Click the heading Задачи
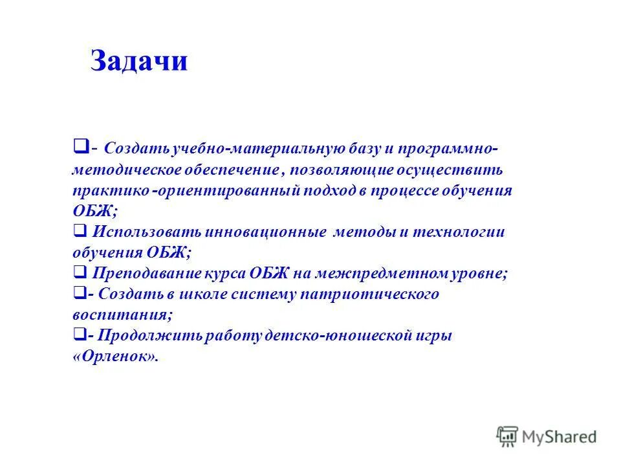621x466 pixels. (x=139, y=61)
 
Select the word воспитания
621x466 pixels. (x=122, y=315)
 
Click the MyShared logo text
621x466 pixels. (x=560, y=436)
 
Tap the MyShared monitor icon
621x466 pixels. (x=508, y=436)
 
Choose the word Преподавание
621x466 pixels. (x=147, y=273)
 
